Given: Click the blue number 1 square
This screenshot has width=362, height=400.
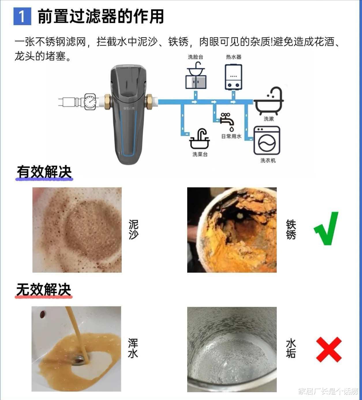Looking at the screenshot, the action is [x=22, y=16].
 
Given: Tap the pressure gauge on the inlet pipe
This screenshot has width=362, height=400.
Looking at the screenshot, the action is [x=90, y=101].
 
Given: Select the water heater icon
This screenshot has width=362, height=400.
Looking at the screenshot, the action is [x=233, y=77].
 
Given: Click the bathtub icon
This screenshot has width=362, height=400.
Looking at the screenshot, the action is [x=269, y=101].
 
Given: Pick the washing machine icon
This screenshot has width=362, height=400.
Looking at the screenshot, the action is [x=267, y=140].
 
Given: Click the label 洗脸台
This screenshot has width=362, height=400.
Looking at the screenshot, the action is [x=196, y=57].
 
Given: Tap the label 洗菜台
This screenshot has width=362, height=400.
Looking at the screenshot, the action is [x=200, y=154].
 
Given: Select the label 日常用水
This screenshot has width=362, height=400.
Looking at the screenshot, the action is [x=231, y=136].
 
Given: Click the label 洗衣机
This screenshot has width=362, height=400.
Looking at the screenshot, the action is [x=268, y=161].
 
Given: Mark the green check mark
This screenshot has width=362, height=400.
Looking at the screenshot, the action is [x=326, y=229].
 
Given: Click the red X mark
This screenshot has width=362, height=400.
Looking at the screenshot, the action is [x=329, y=350].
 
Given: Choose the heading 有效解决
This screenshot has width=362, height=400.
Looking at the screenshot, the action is [x=44, y=172].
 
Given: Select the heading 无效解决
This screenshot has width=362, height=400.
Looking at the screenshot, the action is [x=44, y=290].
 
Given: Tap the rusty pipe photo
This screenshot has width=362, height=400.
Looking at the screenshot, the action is [x=232, y=230].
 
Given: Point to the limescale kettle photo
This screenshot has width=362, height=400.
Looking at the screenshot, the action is [x=232, y=349].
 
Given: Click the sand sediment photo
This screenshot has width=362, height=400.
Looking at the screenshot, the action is [x=77, y=230].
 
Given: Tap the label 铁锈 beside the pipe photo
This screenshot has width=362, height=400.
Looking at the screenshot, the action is [x=291, y=229].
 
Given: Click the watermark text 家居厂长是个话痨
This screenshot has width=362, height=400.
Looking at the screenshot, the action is [x=328, y=391].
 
